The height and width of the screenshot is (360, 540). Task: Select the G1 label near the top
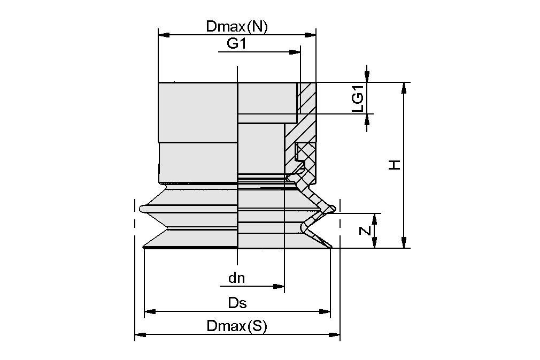pyautogui.click(x=236, y=43)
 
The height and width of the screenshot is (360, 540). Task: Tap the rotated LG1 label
pyautogui.click(x=358, y=98)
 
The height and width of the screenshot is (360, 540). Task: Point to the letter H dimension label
pyautogui.click(x=394, y=165)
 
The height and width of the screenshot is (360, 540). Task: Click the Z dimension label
pyautogui.click(x=364, y=231)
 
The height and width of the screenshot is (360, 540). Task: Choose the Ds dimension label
pyautogui.click(x=237, y=303)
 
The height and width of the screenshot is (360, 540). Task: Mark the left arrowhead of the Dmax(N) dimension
pyautogui.click(x=164, y=35)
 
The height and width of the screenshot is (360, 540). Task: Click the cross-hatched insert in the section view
pyautogui.click(x=306, y=155)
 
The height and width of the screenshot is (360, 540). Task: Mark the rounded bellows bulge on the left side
pyautogui.click(x=143, y=208)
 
